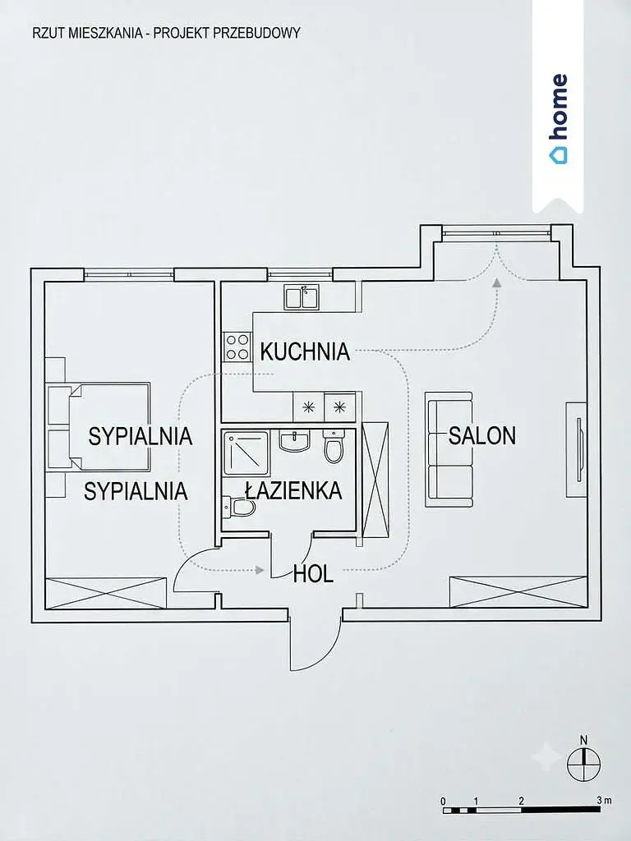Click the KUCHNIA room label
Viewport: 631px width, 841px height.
pyautogui.click(x=305, y=352)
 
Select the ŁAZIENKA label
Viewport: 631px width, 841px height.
pyautogui.click(x=293, y=490)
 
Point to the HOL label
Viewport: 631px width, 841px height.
pyautogui.click(x=313, y=574)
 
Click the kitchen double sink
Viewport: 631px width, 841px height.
pyautogui.click(x=302, y=297)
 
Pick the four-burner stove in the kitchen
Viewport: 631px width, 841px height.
pyautogui.click(x=237, y=347)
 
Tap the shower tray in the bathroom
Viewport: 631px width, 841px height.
pyautogui.click(x=245, y=453)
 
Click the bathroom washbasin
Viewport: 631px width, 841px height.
pyautogui.click(x=293, y=440)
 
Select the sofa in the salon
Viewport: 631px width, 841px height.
pyautogui.click(x=449, y=449)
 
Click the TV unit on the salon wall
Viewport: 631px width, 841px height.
pyautogui.click(x=577, y=449)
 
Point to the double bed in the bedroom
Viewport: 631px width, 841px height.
pyautogui.click(x=99, y=426)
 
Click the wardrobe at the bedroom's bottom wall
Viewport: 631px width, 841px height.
pyautogui.click(x=106, y=593)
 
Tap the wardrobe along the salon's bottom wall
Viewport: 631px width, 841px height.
pyautogui.click(x=518, y=592)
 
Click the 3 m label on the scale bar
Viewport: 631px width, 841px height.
pyautogui.click(x=604, y=801)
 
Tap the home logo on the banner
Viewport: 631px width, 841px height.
pyautogui.click(x=557, y=119)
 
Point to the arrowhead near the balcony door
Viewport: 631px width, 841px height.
pyautogui.click(x=497, y=283)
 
